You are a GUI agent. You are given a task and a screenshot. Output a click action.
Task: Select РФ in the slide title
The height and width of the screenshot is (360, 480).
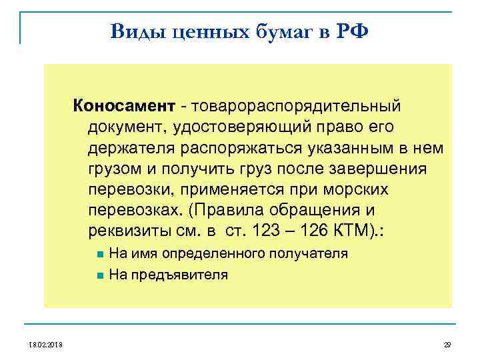(349, 31)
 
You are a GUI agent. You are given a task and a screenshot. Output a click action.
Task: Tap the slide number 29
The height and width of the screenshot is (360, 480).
(447, 345)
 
